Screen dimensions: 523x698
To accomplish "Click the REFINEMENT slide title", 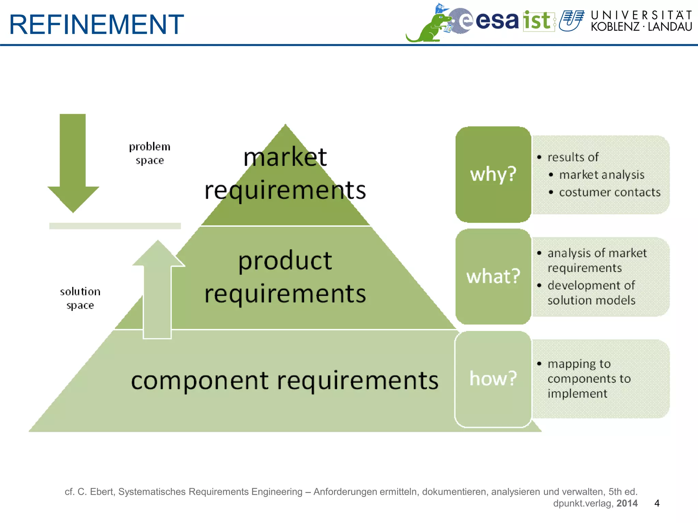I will [x=96, y=25].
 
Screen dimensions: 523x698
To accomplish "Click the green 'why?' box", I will [x=493, y=174].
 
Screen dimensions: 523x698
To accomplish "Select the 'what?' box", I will [x=493, y=276].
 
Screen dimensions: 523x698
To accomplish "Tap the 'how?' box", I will [x=493, y=378].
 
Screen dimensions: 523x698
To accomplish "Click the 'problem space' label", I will [x=150, y=153].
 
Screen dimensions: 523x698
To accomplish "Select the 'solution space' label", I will [x=80, y=298].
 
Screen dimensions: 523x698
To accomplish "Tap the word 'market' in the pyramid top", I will [x=285, y=157].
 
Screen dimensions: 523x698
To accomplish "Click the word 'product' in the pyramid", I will [x=285, y=261].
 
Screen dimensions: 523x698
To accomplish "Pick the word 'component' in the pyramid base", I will [x=200, y=380].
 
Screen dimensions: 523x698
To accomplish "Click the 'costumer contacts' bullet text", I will [x=609, y=192].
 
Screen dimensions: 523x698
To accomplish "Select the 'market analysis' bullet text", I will [x=602, y=175].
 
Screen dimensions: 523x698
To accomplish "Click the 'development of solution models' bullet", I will [x=591, y=293].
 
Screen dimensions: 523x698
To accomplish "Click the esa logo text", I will [x=497, y=20].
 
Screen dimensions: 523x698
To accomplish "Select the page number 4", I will [x=657, y=503].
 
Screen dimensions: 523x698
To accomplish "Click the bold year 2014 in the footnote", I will [x=627, y=503].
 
